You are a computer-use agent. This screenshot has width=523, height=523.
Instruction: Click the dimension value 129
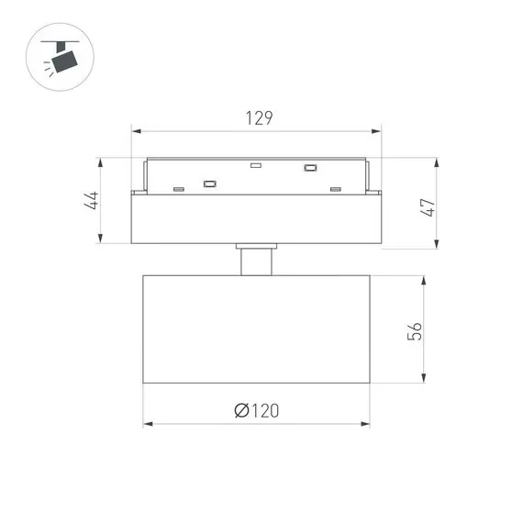(x=260, y=118)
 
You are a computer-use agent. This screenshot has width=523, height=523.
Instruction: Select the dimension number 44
(x=93, y=201)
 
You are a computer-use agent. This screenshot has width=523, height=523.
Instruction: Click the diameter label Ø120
(x=256, y=412)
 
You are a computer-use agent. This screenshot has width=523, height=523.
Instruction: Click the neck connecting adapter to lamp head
(x=256, y=261)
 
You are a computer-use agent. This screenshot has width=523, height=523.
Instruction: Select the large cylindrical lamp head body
(x=256, y=328)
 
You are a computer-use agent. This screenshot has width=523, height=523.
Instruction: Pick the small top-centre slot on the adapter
(x=256, y=166)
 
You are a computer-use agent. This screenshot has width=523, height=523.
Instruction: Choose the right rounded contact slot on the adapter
(x=310, y=168)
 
